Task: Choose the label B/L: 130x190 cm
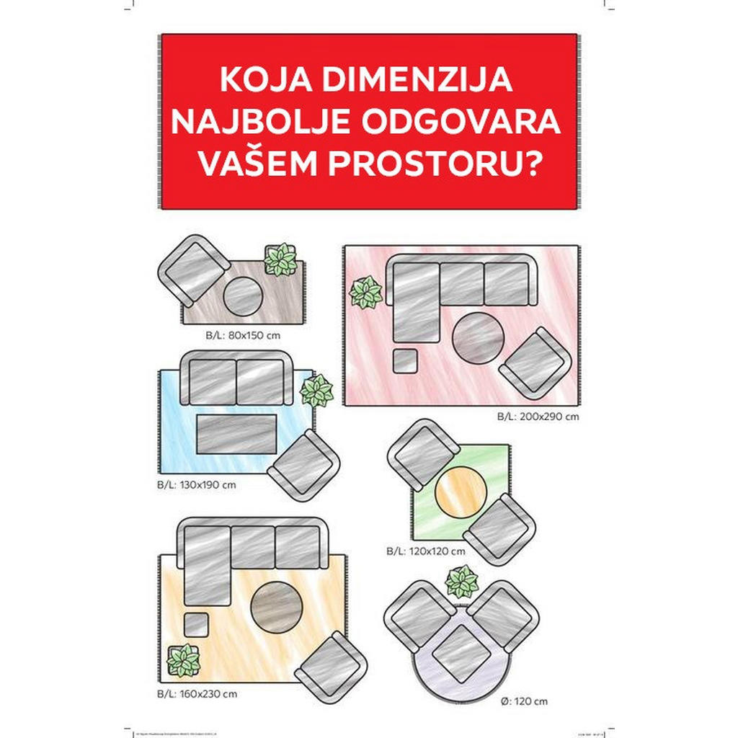[197, 484]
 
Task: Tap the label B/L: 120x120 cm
[425, 551]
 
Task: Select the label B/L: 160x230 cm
[197, 694]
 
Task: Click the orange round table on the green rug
[461, 492]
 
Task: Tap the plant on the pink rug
[365, 293]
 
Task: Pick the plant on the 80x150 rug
[280, 259]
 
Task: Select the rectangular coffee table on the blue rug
[237, 435]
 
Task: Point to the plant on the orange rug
[184, 660]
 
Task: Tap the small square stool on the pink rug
[405, 360]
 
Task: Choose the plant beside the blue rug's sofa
[317, 391]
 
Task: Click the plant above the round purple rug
[462, 582]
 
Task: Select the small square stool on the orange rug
[195, 624]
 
